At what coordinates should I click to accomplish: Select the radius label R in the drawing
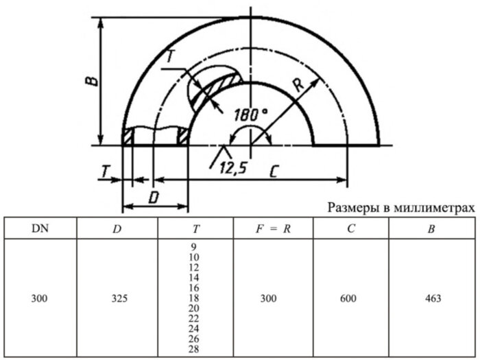point(297,86)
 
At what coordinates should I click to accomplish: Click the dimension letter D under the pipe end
point(154,197)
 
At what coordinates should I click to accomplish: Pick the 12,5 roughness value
point(234,167)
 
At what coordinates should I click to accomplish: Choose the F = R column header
point(273,228)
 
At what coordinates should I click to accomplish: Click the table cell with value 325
point(117,298)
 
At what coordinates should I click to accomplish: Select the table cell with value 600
point(352,298)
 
